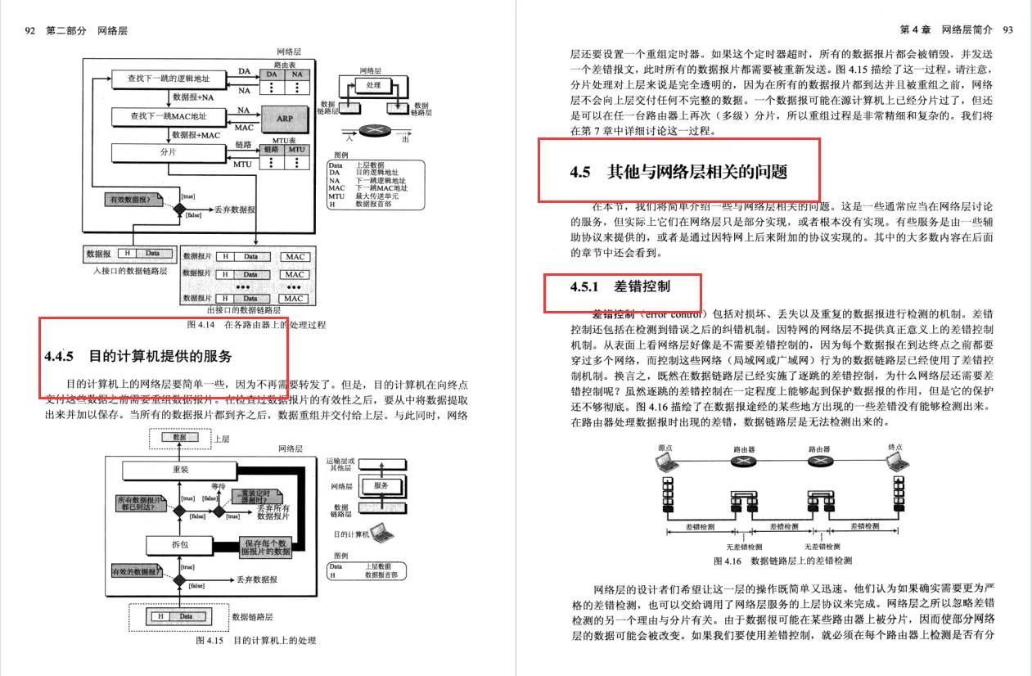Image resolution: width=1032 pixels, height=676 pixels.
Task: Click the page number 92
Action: pyautogui.click(x=30, y=30)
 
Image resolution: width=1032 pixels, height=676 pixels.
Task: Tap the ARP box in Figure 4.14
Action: pyautogui.click(x=284, y=119)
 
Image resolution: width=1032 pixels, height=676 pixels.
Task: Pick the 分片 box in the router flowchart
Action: pyautogui.click(x=169, y=153)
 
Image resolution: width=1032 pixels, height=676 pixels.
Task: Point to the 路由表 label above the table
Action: pyautogui.click(x=284, y=63)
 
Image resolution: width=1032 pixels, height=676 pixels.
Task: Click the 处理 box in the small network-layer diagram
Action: pyautogui.click(x=373, y=85)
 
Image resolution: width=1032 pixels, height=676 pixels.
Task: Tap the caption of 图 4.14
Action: pyautogui.click(x=255, y=325)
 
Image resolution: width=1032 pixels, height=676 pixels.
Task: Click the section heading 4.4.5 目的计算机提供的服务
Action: pyautogui.click(x=138, y=356)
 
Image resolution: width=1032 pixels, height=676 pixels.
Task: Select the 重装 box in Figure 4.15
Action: pyautogui.click(x=180, y=470)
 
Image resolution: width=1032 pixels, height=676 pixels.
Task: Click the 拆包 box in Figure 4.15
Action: pyautogui.click(x=180, y=544)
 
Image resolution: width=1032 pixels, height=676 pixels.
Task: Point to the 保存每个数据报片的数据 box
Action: pyautogui.click(x=264, y=548)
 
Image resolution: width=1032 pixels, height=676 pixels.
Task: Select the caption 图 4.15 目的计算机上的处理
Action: pyautogui.click(x=255, y=640)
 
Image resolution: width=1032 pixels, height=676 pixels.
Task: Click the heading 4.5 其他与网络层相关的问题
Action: pyautogui.click(x=678, y=172)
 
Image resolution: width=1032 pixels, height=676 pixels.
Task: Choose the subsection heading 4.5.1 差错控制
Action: pyautogui.click(x=620, y=286)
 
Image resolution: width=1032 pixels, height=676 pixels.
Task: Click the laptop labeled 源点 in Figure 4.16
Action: pyautogui.click(x=668, y=463)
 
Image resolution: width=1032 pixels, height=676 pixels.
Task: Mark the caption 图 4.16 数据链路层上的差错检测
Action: pyautogui.click(x=782, y=561)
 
